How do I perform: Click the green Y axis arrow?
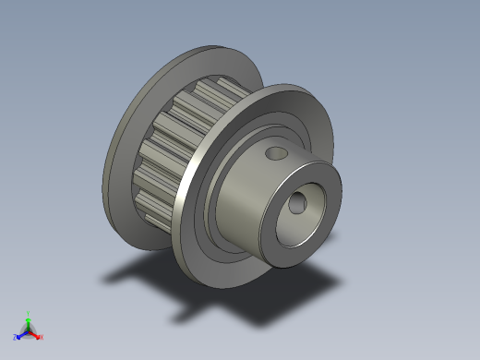pyautogui.click(x=29, y=318)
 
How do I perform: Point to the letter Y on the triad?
pyautogui.click(x=29, y=312)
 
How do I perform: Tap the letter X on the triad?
pyautogui.click(x=42, y=337)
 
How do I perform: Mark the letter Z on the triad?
pyautogui.click(x=16, y=337)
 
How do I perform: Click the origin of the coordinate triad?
pyautogui.click(x=29, y=330)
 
